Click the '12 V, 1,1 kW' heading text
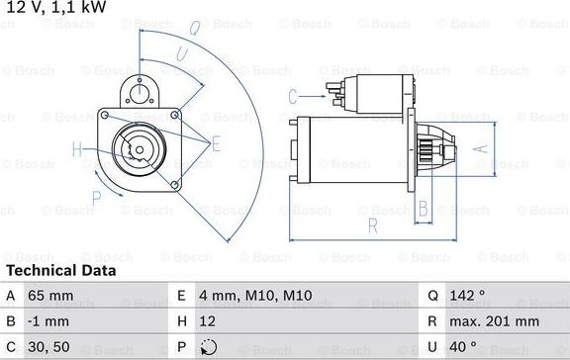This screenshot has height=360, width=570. click(56, 8)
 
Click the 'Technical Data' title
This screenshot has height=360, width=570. click(60, 270)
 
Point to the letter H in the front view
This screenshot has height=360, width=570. click(77, 151)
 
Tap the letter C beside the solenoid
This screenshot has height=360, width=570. click(293, 96)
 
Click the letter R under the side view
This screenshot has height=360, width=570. click(372, 225)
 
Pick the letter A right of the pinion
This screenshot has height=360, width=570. click(482, 149)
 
